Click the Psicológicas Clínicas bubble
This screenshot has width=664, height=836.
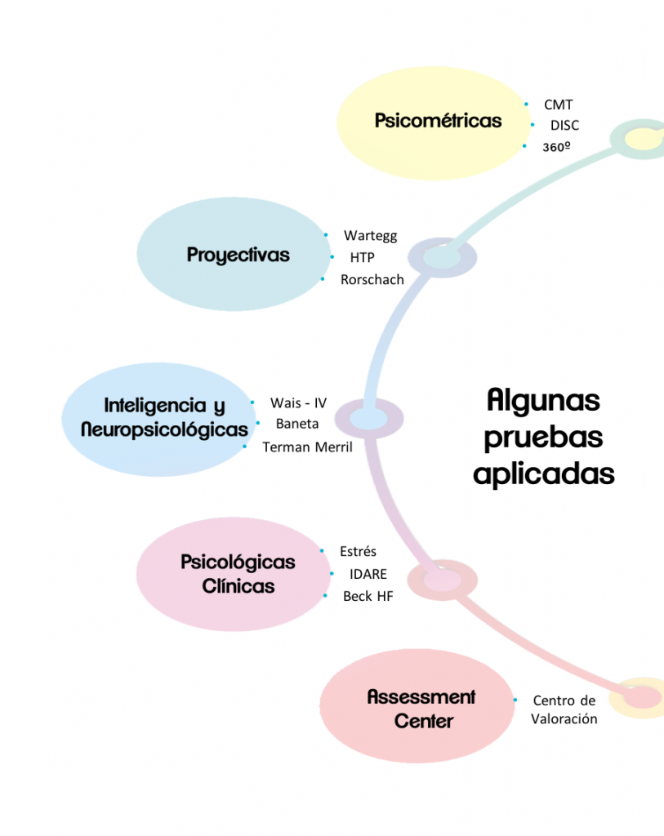click(x=237, y=574)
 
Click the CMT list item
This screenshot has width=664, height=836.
click(x=559, y=104)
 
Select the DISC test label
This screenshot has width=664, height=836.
click(x=564, y=126)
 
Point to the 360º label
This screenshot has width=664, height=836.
click(x=556, y=148)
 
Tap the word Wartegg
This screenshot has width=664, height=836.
click(x=370, y=236)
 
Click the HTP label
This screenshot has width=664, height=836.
click(x=362, y=257)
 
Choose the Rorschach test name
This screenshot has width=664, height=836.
click(x=372, y=279)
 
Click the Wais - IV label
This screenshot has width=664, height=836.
click(x=298, y=403)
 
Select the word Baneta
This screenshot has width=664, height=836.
click(x=297, y=424)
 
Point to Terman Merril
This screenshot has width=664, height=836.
click(x=307, y=447)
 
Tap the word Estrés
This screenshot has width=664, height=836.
click(x=358, y=552)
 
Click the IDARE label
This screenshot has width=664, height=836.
click(x=368, y=574)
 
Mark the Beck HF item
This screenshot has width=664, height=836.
click(x=368, y=596)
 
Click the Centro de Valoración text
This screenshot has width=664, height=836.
click(x=564, y=709)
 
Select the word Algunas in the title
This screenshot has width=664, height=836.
click(x=543, y=401)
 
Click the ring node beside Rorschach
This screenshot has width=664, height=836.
click(x=442, y=258)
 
